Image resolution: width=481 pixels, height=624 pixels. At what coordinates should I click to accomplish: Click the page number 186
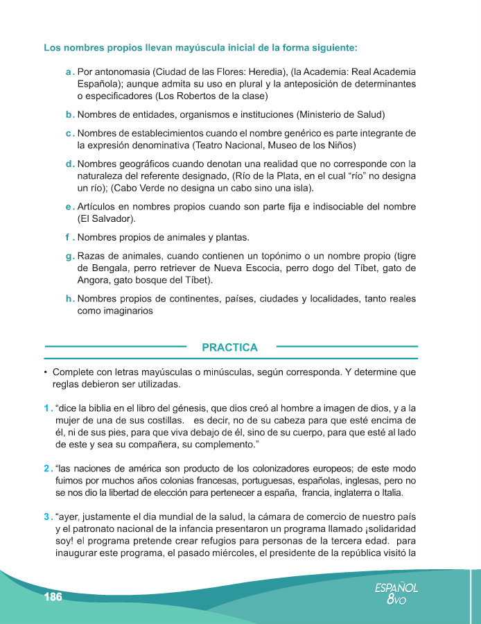(53, 598)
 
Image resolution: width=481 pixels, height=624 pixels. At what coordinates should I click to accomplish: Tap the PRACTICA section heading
(229, 347)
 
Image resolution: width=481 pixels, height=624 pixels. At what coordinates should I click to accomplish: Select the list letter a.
(70, 71)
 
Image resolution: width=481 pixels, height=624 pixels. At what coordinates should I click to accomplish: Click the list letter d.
(70, 164)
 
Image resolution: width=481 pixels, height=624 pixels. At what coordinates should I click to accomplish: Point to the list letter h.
(70, 299)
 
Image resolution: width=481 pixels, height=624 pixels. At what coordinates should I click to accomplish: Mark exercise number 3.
(47, 517)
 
